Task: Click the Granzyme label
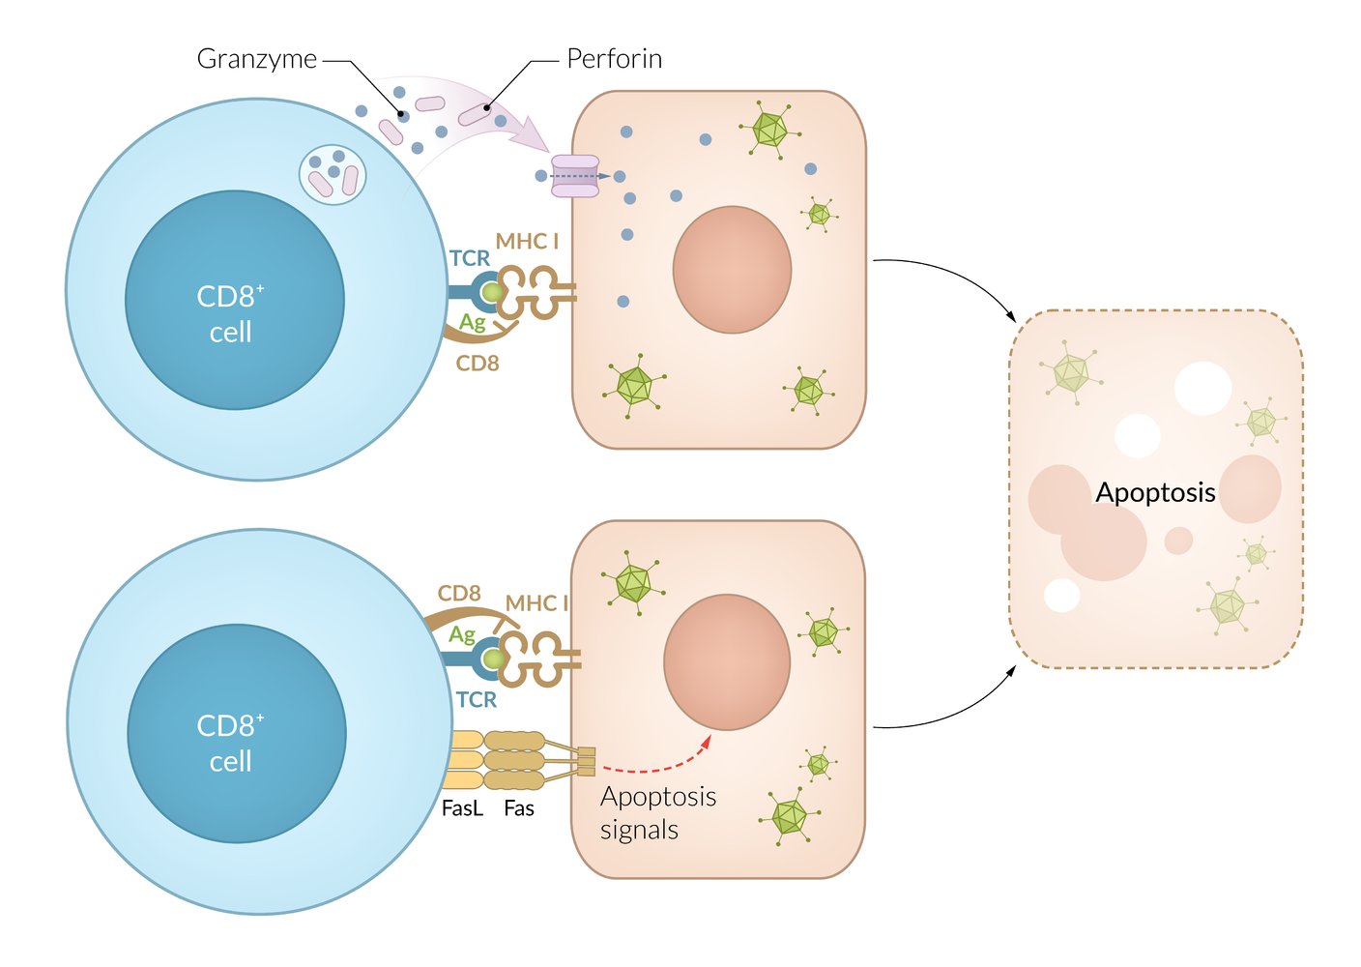coord(256,59)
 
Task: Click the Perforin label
coord(614,59)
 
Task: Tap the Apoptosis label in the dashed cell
coord(1155,492)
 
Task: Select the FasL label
coord(461,808)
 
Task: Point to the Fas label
coord(519,808)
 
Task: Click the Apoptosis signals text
coord(657,812)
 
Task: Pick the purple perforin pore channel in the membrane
coord(575,176)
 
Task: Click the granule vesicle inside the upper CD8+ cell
coord(333,173)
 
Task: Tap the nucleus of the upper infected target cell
coord(732,269)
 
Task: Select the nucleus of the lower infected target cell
coord(727,661)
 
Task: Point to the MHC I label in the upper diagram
coord(527,241)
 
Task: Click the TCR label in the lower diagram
coord(477,699)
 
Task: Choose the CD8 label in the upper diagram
coord(478,364)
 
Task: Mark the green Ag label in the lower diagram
coord(462,634)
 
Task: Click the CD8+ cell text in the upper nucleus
coord(230,313)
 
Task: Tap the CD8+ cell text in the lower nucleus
coord(230,743)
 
